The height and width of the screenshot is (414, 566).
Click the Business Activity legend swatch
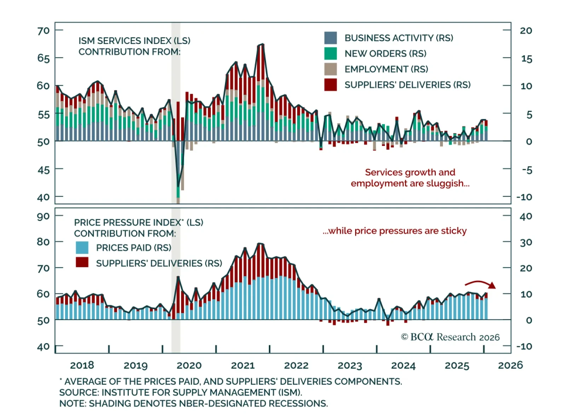click(330, 38)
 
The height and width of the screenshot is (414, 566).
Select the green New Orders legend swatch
click(330, 53)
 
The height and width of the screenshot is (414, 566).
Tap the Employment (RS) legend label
click(386, 69)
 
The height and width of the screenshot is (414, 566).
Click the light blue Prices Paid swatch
click(82, 248)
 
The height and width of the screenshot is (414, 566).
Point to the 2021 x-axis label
click(243, 365)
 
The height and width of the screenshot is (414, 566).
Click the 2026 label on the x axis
click(510, 365)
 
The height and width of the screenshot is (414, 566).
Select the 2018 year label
click(82, 365)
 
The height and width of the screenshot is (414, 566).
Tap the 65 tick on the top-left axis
click(44, 58)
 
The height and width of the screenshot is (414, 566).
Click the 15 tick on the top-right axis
click(526, 59)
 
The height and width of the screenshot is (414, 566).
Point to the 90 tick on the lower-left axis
click(44, 216)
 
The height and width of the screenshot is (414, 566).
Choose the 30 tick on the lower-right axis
click(526, 243)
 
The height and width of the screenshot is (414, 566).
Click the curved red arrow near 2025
click(480, 284)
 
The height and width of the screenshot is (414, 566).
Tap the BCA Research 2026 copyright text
click(450, 337)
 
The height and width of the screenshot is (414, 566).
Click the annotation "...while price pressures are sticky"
click(394, 231)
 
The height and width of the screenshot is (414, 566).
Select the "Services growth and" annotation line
click(410, 172)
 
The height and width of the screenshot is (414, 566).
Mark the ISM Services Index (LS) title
click(134, 41)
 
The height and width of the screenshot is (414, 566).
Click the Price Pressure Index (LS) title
click(139, 222)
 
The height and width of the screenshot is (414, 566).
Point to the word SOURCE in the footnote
click(79, 392)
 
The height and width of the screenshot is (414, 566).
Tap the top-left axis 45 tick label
click(44, 170)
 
